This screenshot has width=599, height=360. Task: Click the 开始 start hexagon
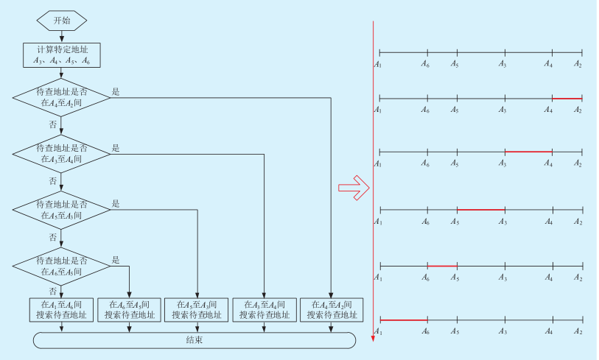click(62, 20)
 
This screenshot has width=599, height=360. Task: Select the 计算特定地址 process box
click(62, 54)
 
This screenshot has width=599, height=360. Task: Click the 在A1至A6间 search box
click(62, 309)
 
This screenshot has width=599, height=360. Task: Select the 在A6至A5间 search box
click(130, 309)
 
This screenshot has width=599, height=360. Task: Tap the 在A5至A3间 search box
click(197, 309)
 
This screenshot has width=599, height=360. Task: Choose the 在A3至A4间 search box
click(265, 309)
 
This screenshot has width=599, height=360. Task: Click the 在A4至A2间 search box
click(332, 309)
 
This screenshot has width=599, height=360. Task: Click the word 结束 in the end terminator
click(195, 340)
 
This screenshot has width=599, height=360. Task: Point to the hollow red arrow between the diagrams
click(353, 188)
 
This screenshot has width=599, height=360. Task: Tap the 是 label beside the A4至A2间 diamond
click(116, 92)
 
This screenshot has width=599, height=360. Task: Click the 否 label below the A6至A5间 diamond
click(52, 291)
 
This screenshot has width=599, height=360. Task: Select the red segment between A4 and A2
click(567, 98)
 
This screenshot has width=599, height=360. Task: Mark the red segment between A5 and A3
click(480, 209)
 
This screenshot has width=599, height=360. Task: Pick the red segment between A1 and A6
click(403, 320)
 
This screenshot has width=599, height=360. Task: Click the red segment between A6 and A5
click(442, 266)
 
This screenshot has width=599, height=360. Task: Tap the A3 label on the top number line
click(502, 64)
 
